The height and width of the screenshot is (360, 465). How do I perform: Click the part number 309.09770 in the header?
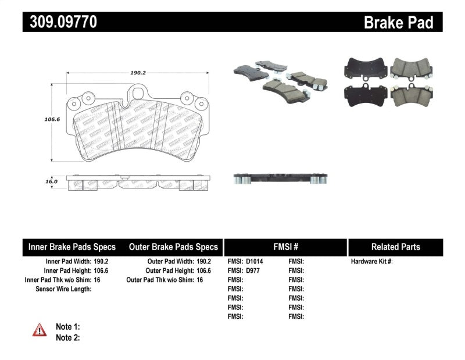click(x=60, y=22)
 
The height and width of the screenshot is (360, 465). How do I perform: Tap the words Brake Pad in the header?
click(x=398, y=22)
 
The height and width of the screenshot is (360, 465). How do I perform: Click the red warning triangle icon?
click(x=40, y=330)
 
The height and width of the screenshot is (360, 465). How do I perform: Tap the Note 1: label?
click(x=67, y=327)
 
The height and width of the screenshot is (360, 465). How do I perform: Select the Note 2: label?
click(x=67, y=337)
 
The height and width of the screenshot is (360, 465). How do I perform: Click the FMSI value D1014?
click(x=255, y=262)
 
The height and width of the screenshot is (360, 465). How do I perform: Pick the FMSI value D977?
click(x=252, y=270)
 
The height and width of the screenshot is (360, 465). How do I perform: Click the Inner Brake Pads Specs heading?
click(x=72, y=247)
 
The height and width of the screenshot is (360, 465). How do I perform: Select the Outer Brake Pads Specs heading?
click(x=173, y=247)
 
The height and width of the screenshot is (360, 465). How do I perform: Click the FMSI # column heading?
click(x=285, y=247)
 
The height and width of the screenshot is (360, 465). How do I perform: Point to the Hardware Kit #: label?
click(x=372, y=262)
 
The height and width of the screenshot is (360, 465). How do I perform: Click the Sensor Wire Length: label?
click(x=63, y=289)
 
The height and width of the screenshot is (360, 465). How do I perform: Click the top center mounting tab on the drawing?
click(x=138, y=93)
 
